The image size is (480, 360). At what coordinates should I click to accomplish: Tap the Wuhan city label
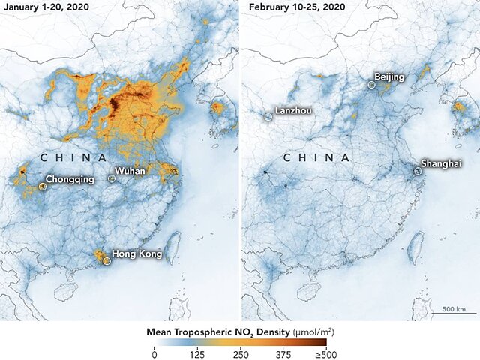130,172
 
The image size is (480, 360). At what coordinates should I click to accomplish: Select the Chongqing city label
70,180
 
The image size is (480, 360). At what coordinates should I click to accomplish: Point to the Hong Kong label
136,253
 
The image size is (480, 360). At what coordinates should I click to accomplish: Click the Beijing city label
390,77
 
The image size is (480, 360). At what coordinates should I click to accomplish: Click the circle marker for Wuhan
112,178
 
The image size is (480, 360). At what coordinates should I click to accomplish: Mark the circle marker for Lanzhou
268,117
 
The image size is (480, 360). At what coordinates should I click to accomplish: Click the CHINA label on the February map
316,157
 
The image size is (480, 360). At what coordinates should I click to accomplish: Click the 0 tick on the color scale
154,353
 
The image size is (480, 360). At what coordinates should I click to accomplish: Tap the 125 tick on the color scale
197,353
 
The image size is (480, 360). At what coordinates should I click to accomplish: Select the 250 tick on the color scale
241,353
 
